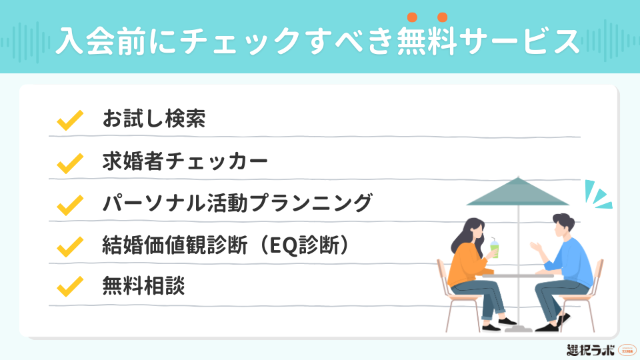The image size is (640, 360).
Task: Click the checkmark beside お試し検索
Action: click(69, 120)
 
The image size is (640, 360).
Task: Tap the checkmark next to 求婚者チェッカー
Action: click(69, 161)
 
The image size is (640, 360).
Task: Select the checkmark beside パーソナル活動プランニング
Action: click(69, 203)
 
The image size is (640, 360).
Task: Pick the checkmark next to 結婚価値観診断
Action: click(69, 245)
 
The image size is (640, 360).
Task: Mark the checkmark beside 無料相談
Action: click(69, 287)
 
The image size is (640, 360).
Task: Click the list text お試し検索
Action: click(153, 119)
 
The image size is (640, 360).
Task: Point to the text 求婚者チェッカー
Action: click(185, 161)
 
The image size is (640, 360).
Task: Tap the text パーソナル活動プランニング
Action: click(237, 203)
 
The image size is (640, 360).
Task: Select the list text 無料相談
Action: click(143, 287)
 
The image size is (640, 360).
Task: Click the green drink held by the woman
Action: click(494, 249)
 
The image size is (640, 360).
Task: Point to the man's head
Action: click(561, 225)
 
